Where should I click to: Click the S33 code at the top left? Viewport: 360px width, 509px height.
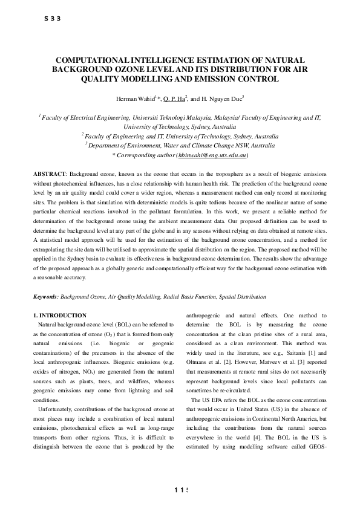[53, 19]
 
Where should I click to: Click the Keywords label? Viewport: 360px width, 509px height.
[45, 297]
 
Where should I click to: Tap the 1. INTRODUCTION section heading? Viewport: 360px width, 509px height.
[60, 316]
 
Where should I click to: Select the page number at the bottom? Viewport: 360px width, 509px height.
[180, 489]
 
